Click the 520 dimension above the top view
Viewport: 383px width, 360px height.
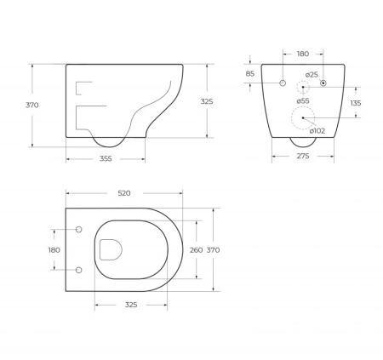(x=124, y=194)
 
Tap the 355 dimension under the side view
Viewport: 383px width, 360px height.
(x=106, y=159)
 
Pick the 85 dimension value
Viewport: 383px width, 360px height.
(x=249, y=73)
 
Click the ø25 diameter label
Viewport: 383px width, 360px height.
(x=312, y=76)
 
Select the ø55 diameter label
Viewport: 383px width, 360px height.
(x=304, y=101)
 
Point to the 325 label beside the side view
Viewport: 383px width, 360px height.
(x=207, y=100)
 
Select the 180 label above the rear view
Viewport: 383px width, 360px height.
(x=302, y=54)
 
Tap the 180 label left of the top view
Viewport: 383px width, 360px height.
(x=54, y=249)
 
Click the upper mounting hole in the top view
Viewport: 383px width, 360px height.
(x=79, y=230)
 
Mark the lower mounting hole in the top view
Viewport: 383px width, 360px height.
(x=79, y=270)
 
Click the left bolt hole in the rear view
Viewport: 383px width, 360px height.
(x=282, y=83)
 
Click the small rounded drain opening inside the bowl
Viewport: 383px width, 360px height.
(x=110, y=249)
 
